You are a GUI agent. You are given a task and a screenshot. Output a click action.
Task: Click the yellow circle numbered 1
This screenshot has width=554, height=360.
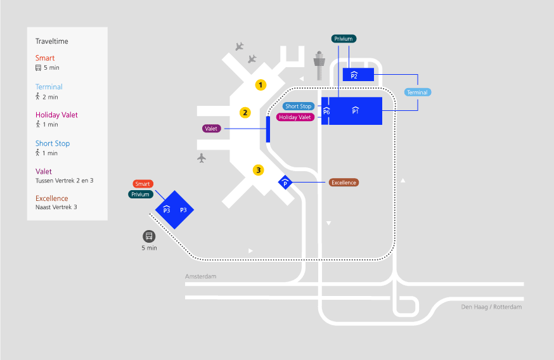[x=261, y=84]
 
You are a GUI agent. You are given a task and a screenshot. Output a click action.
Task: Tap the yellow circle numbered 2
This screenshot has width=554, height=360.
[x=245, y=113]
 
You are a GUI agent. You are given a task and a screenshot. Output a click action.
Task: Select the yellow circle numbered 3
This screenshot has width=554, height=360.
[x=258, y=170]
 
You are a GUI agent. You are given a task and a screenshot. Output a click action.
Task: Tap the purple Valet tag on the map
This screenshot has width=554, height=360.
[x=212, y=129]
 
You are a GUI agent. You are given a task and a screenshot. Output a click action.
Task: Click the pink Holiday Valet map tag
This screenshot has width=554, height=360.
[x=295, y=117]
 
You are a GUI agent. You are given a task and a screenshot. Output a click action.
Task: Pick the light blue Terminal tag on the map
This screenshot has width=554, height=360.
[x=417, y=93]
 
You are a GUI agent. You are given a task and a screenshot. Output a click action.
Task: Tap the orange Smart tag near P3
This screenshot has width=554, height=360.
[x=143, y=184]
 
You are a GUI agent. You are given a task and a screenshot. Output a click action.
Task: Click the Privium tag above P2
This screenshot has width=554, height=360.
[x=343, y=39]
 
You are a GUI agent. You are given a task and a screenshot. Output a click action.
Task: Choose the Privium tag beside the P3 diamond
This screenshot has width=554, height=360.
[x=141, y=195]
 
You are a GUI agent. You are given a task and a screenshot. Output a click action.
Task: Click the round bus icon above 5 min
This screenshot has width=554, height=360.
[x=149, y=236]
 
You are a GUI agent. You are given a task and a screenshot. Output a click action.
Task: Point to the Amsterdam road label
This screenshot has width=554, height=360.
[x=201, y=277]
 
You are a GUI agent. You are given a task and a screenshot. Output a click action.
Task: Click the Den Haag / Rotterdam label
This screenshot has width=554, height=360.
[x=491, y=307]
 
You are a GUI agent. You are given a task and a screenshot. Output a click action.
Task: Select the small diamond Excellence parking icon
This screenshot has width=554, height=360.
[x=286, y=183]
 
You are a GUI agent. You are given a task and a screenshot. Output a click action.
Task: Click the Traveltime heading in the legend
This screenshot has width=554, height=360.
[x=52, y=41]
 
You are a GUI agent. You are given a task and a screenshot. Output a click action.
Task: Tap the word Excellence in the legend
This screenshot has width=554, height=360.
[x=52, y=198]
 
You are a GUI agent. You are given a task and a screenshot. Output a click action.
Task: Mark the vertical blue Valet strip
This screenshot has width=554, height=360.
[x=268, y=129]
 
